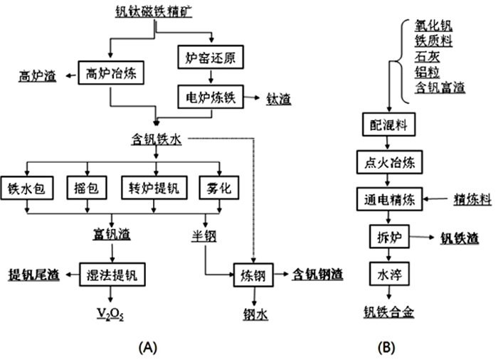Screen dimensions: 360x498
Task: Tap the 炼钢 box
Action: click(253, 274)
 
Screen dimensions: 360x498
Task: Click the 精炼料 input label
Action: click(472, 200)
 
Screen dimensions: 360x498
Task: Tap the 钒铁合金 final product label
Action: click(388, 311)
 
